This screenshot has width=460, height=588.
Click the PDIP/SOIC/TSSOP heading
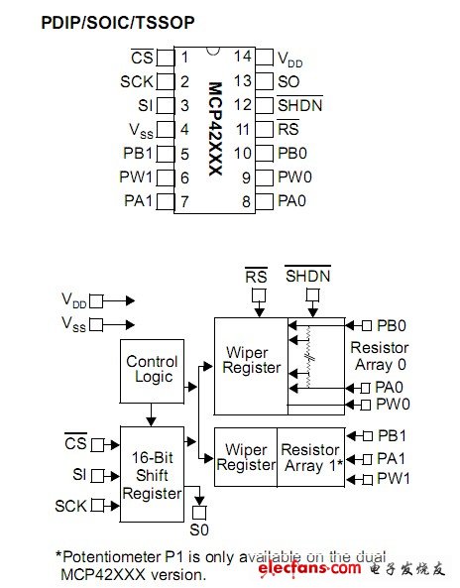pyautogui.click(x=118, y=21)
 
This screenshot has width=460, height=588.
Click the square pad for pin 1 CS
pyautogui.click(x=166, y=59)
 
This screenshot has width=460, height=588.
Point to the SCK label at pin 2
pyautogui.click(x=136, y=82)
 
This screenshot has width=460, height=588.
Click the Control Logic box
pyautogui.click(x=152, y=370)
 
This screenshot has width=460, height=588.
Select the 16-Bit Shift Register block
pyautogui.click(x=152, y=475)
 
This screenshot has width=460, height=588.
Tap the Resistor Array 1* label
pyautogui.click(x=310, y=458)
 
